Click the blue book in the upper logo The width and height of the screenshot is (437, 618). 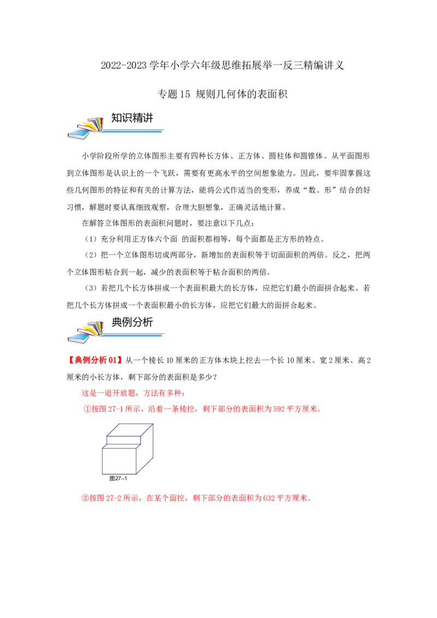pyautogui.click(x=76, y=134)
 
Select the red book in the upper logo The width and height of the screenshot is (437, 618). pyautogui.click(x=84, y=128)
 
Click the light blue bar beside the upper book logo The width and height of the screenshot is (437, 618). pyautogui.click(x=134, y=131)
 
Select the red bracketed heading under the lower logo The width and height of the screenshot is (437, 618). pyautogui.click(x=95, y=360)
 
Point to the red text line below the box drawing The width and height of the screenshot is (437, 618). pyautogui.click(x=197, y=498)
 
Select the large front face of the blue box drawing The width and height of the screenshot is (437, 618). pyautogui.click(x=119, y=460)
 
